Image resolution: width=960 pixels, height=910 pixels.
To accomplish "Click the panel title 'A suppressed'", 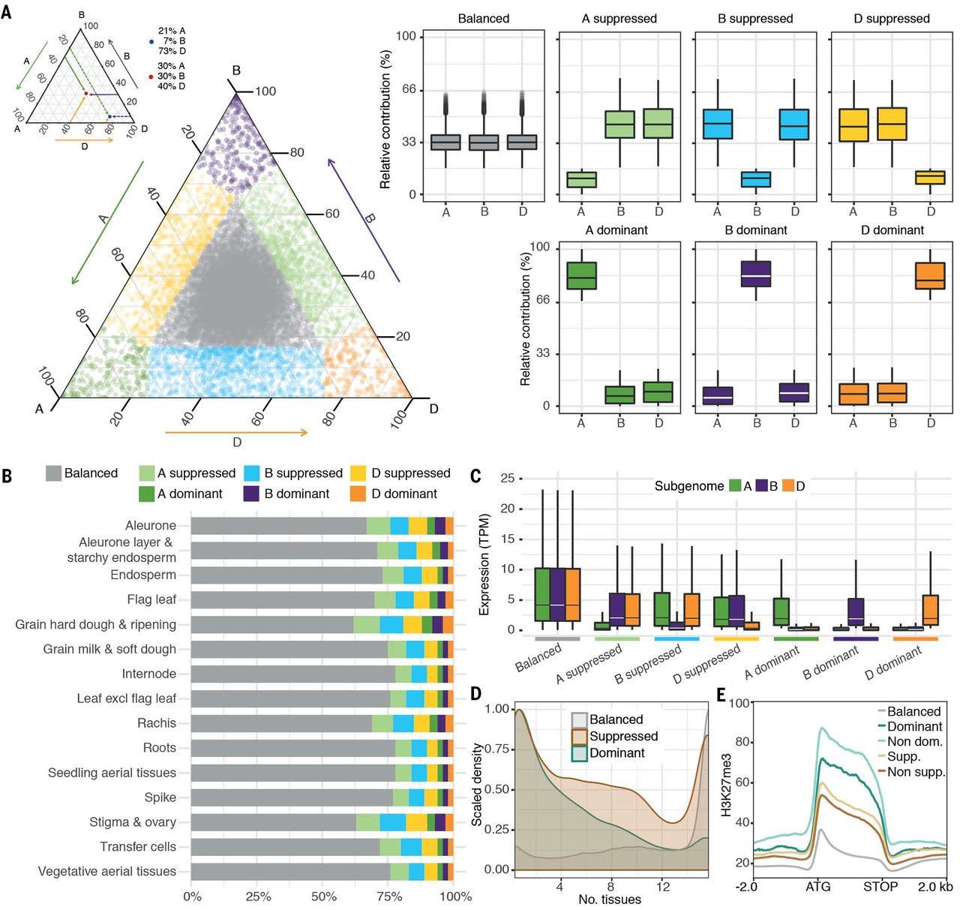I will [x=619, y=19].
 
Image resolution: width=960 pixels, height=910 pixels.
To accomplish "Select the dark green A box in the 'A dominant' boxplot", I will [x=581, y=275].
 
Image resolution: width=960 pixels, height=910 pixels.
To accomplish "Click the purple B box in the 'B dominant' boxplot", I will [x=756, y=274].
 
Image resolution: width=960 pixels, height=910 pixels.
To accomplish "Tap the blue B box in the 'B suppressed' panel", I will [x=756, y=179].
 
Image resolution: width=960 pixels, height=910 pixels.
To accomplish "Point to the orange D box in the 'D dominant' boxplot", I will [x=930, y=275].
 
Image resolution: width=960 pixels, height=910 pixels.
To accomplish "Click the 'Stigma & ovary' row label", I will [x=133, y=822].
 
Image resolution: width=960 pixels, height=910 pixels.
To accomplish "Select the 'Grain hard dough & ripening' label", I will [x=96, y=624].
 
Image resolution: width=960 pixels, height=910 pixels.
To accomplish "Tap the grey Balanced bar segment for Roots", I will [x=292, y=748].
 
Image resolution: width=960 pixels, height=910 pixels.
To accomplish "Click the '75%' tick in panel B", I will [x=388, y=896].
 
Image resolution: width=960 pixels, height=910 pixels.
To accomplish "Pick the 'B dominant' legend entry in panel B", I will [x=296, y=494].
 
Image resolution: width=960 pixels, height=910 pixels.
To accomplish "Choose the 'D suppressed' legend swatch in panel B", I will [x=358, y=473].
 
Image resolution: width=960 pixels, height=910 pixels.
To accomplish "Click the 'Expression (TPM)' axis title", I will [x=484, y=564].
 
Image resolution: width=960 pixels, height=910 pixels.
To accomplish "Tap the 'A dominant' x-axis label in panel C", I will [x=772, y=662].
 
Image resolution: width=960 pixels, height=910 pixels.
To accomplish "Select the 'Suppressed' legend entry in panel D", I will [x=623, y=736].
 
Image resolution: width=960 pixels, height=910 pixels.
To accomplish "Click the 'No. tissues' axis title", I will [x=609, y=899].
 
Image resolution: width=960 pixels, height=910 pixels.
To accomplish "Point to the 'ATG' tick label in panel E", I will [x=818, y=887].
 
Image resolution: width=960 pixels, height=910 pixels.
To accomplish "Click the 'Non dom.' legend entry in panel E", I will [x=914, y=741].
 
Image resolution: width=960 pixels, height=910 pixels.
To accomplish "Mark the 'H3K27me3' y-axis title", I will [x=726, y=795].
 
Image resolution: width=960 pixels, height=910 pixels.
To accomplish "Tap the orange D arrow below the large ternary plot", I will [x=236, y=432].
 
